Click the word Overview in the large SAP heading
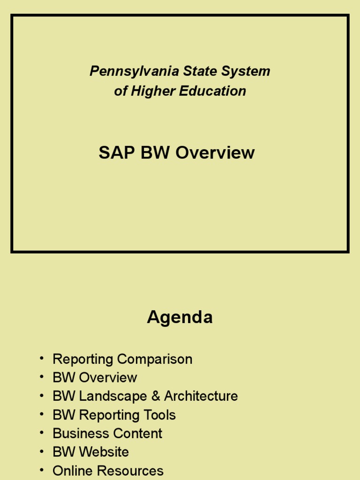coord(215,153)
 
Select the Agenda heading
coord(180,317)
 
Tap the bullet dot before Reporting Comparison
coord(42,358)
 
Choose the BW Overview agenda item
coord(95,378)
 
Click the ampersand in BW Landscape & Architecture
coord(156,397)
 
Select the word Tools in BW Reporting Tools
coord(160,415)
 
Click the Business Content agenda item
coord(107,434)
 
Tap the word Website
coord(104,452)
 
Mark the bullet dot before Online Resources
coord(42,469)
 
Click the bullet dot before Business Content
coord(42,432)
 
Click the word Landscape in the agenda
coord(113,397)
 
